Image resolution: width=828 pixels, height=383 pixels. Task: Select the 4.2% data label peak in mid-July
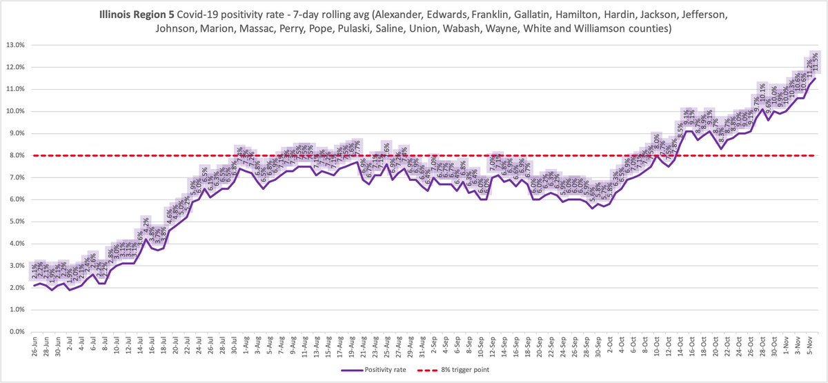point(146,224)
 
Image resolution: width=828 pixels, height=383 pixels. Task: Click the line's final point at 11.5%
point(815,78)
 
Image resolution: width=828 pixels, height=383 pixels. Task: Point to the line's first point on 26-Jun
point(34,286)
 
